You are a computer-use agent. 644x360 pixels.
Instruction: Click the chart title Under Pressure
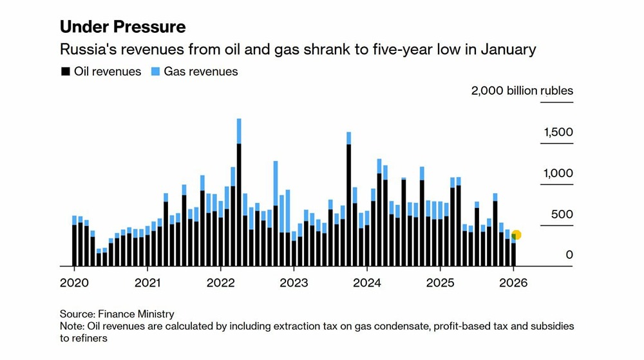pyautogui.click(x=122, y=27)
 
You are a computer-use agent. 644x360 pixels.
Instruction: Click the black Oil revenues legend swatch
pyautogui.click(x=64, y=72)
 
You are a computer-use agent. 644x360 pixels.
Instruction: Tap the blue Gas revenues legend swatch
pyautogui.click(x=155, y=72)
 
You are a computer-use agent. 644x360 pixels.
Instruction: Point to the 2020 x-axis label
pyautogui.click(x=73, y=283)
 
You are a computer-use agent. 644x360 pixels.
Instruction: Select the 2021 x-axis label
pyautogui.click(x=147, y=283)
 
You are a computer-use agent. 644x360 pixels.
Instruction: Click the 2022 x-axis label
pyautogui.click(x=220, y=283)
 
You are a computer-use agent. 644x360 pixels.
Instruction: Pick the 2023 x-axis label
pyautogui.click(x=294, y=283)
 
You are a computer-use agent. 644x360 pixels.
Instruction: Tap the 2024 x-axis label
pyautogui.click(x=367, y=283)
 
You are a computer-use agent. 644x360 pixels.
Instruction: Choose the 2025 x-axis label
pyautogui.click(x=440, y=283)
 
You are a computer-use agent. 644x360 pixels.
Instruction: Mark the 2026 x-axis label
pyautogui.click(x=514, y=283)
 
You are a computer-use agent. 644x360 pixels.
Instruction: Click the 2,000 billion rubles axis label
pyautogui.click(x=522, y=91)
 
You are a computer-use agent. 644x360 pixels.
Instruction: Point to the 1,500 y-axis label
pyautogui.click(x=557, y=133)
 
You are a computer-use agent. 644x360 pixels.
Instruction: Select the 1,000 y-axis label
pyautogui.click(x=557, y=174)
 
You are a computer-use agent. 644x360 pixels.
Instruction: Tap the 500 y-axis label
pyautogui.click(x=562, y=214)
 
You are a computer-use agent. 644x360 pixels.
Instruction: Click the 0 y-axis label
pyautogui.click(x=569, y=256)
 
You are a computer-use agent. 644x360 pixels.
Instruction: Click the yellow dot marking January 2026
pyautogui.click(x=516, y=235)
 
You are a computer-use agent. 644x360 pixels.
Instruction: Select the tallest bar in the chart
pyautogui.click(x=239, y=193)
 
